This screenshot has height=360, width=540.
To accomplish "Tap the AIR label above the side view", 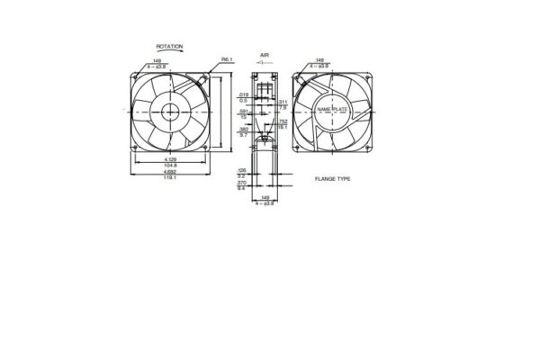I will click(265, 54).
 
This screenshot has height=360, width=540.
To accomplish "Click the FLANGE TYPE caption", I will click(333, 179).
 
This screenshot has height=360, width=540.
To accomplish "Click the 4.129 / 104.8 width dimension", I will click(170, 162).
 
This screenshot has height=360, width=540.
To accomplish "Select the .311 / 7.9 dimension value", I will click(283, 105).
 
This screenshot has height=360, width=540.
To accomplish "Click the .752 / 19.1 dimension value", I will click(283, 125).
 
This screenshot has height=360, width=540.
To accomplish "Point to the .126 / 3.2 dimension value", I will click(242, 172).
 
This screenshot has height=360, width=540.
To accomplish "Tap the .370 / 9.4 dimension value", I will click(242, 185).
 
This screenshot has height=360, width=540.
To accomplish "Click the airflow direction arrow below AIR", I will click(265, 66).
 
